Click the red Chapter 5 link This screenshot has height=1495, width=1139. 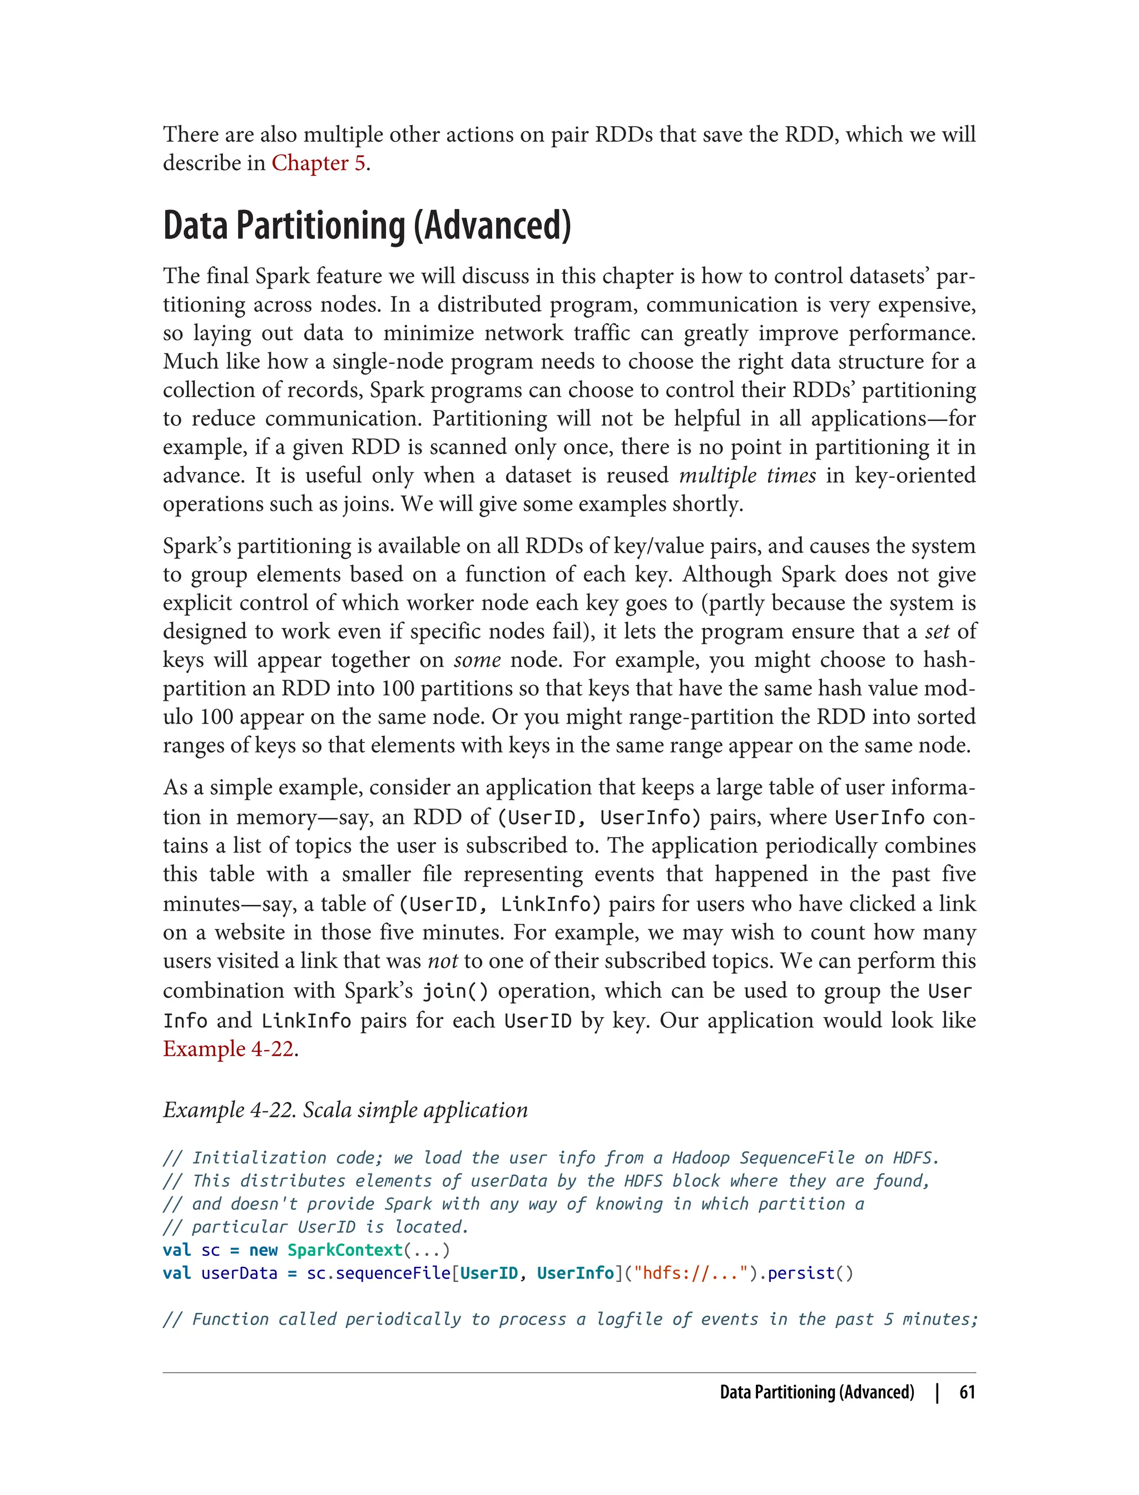point(318,164)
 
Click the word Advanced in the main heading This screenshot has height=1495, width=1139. point(493,226)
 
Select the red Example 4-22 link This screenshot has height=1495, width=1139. point(229,1049)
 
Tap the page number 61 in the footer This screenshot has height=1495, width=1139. point(967,1392)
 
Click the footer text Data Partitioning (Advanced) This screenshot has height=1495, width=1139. point(817,1392)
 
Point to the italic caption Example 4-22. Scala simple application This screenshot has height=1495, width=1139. point(345,1110)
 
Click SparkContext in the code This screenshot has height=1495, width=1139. point(344,1250)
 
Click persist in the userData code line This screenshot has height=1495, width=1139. point(801,1273)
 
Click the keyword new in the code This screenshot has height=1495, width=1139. point(263,1250)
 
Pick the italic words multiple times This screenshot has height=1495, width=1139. point(747,476)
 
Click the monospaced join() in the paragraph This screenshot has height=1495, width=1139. point(455,991)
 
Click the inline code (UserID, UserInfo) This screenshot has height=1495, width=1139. point(598,818)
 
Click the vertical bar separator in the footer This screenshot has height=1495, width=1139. point(937,1392)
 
